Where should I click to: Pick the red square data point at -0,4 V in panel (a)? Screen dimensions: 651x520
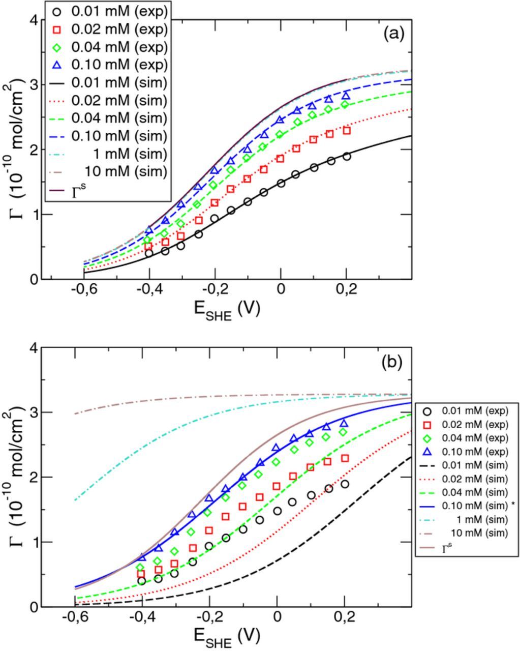click(x=148, y=246)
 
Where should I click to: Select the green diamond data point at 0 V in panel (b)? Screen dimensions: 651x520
click(x=277, y=462)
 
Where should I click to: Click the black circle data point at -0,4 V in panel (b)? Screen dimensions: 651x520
click(x=142, y=581)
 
